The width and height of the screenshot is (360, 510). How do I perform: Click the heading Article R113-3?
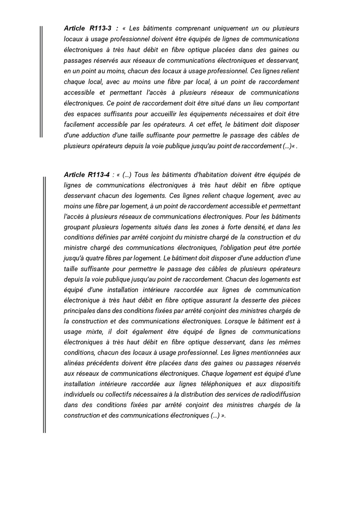point(88,28)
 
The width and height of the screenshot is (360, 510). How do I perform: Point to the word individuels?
point(80,394)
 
